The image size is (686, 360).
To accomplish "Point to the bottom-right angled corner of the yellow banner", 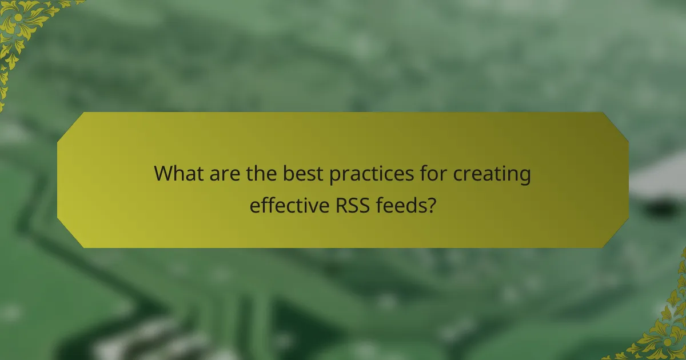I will point(616,235).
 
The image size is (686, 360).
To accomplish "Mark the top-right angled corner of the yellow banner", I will point(616,125).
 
